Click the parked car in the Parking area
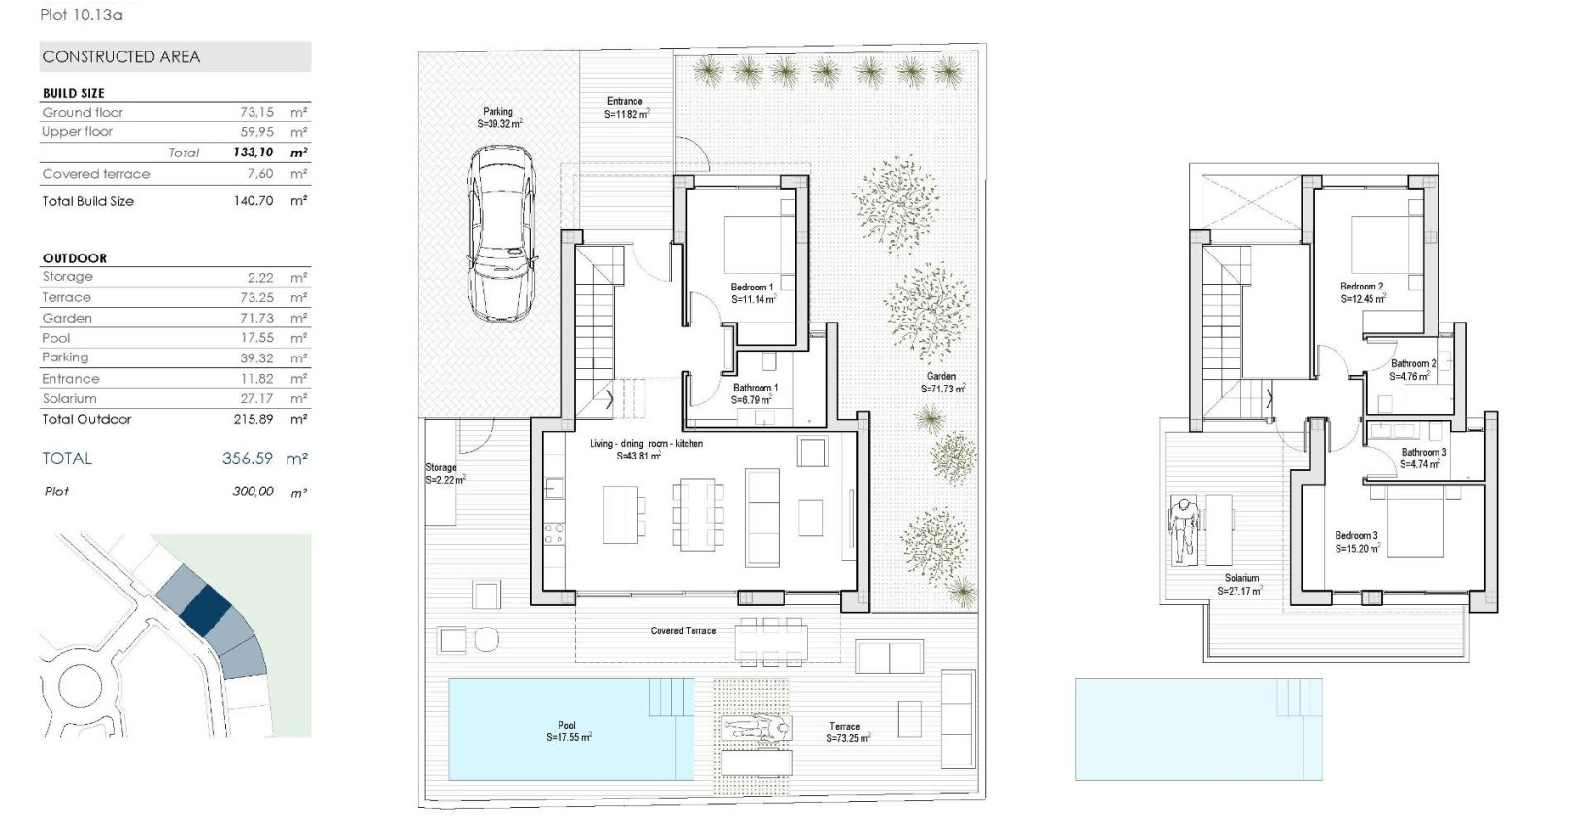pyautogui.click(x=501, y=234)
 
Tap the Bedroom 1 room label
pyautogui.click(x=753, y=293)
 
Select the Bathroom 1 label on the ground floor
pyautogui.click(x=755, y=393)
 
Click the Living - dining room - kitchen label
pyautogui.click(x=646, y=449)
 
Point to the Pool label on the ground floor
pyautogui.click(x=567, y=731)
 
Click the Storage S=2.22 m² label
pyautogui.click(x=445, y=474)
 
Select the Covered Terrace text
pyautogui.click(x=683, y=631)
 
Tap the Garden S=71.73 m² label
pyautogui.click(x=941, y=382)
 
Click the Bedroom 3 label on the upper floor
pyautogui.click(x=1357, y=542)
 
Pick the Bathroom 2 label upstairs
pyautogui.click(x=1412, y=369)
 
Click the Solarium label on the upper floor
pyautogui.click(x=1240, y=584)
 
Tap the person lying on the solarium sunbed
pyautogui.click(x=1182, y=529)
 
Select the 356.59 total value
pyautogui.click(x=248, y=459)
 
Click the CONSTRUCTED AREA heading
pyautogui.click(x=121, y=57)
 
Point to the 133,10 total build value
pyautogui.click(x=253, y=153)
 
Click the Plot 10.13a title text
pyautogui.click(x=82, y=15)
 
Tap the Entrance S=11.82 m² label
pyautogui.click(x=626, y=107)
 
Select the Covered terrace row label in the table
pyautogui.click(x=96, y=174)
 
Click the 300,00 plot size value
pyautogui.click(x=253, y=492)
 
